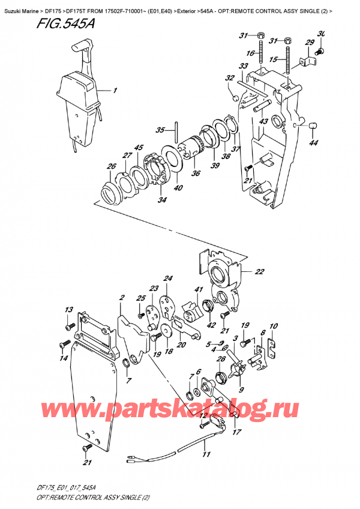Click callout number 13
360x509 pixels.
click(68, 310)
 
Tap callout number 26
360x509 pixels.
click(111, 166)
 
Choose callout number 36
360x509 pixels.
click(196, 174)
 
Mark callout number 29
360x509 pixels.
click(310, 42)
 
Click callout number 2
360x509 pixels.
click(121, 298)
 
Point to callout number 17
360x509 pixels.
click(237, 431)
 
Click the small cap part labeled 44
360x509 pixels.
click(312, 125)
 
